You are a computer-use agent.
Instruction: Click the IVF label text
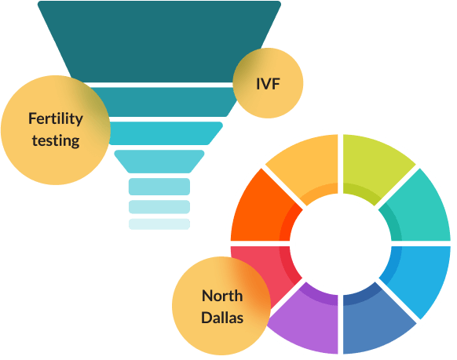268,84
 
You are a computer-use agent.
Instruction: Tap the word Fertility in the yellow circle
56,119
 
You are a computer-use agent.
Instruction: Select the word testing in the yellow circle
56,140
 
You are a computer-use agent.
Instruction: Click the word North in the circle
222,296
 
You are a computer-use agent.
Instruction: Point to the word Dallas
222,317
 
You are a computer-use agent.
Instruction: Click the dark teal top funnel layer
159,41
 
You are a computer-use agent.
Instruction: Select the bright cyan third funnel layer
165,133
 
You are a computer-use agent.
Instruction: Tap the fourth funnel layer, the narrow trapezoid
159,162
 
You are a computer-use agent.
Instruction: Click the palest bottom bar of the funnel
159,224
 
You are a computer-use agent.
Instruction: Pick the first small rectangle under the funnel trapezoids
159,187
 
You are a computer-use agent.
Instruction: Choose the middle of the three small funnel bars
159,207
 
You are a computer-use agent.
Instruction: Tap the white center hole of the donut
341,244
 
